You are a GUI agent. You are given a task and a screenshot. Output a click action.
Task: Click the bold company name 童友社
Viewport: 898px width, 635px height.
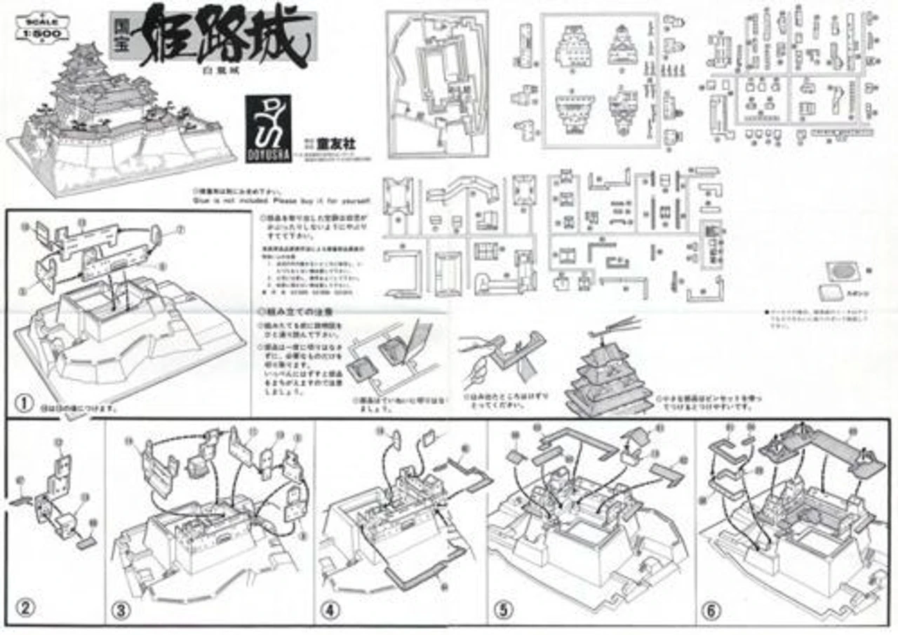pos(343,143)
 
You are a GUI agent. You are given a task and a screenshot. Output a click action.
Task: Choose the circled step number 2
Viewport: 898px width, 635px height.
pos(26,608)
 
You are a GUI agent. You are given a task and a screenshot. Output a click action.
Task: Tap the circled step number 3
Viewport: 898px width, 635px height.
pos(123,610)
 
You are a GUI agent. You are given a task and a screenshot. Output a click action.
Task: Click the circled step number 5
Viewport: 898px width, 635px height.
pos(502,610)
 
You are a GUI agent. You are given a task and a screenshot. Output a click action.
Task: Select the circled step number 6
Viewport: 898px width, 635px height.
pos(711,610)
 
